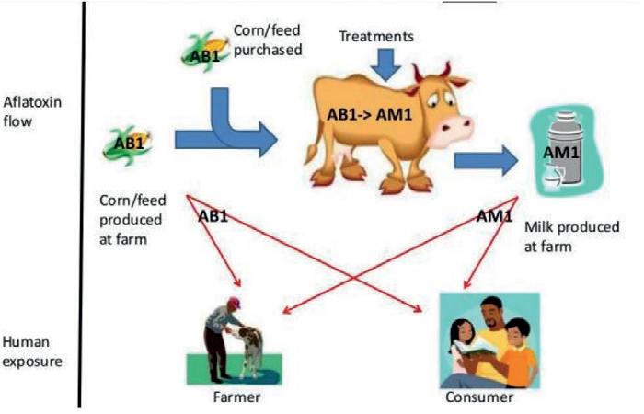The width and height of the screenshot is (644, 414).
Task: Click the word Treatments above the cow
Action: (377, 37)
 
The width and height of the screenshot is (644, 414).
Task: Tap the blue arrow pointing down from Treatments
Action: (385, 63)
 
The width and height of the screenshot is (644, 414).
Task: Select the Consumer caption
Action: (477, 397)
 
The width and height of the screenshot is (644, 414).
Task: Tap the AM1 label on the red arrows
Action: (495, 217)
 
